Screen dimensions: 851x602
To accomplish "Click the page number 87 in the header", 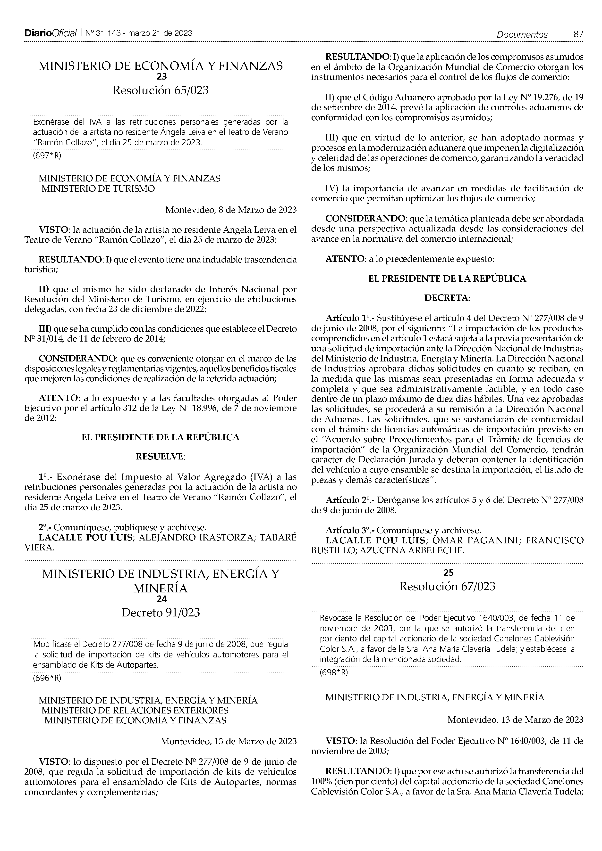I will point(578,34).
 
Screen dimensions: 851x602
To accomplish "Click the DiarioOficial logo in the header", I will point(51,33).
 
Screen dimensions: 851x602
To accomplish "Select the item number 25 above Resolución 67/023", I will point(449,573).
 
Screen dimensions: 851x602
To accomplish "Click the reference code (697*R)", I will point(47,156).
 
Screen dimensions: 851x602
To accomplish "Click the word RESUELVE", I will point(160,457).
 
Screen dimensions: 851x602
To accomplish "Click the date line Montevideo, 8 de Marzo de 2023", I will point(231,210).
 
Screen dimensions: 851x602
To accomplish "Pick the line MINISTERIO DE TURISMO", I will point(98,189).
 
